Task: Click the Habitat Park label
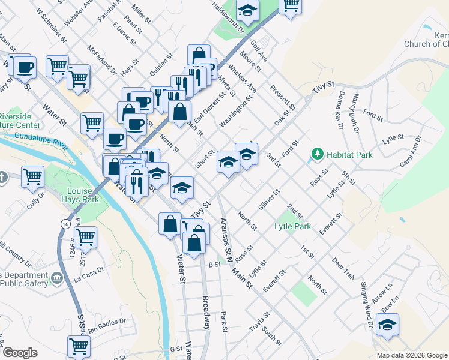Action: tap(349, 155)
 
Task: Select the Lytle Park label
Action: tap(292, 226)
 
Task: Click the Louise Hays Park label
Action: tap(79, 196)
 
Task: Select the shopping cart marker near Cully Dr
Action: tap(32, 176)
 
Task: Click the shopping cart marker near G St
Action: tap(79, 346)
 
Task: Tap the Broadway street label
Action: tap(205, 313)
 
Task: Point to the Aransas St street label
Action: tap(224, 235)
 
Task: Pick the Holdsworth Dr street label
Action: tap(229, 16)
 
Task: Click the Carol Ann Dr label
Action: tap(411, 152)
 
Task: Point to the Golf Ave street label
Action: tap(259, 52)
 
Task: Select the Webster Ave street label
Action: tap(79, 13)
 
